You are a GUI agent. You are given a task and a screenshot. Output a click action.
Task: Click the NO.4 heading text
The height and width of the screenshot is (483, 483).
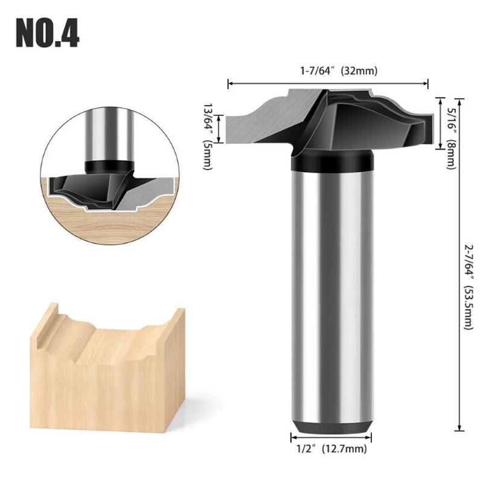(47, 34)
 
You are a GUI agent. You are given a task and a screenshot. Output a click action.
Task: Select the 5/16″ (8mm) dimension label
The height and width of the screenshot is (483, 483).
(450, 129)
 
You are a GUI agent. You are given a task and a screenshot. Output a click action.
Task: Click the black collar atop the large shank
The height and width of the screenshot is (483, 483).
(331, 161)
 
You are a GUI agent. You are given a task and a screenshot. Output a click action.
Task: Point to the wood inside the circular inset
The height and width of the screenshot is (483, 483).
(109, 223)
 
